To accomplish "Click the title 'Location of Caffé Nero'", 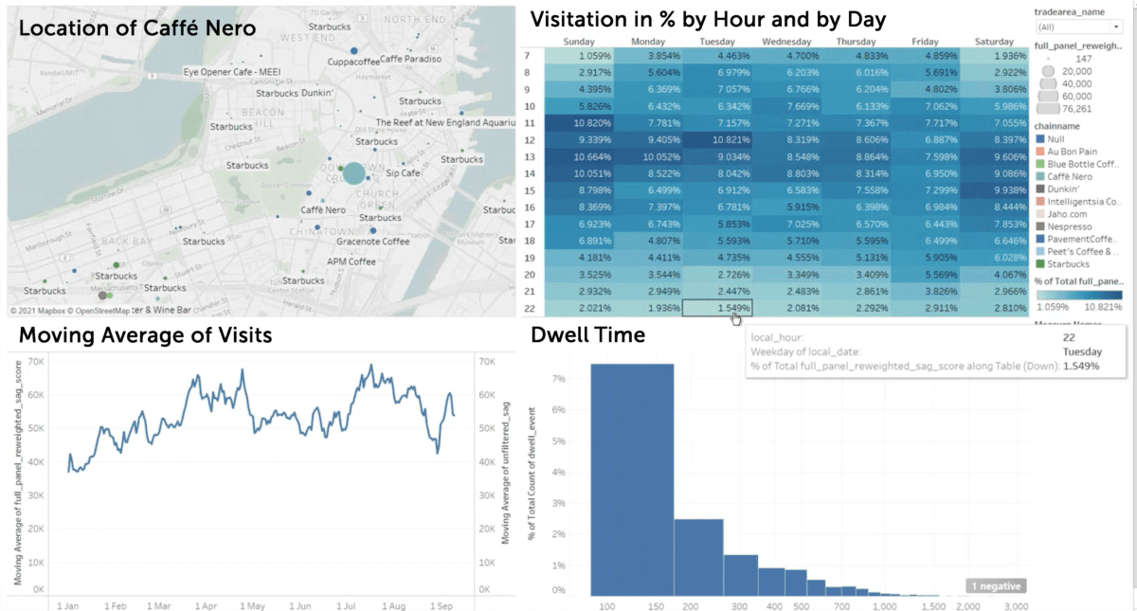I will click(x=137, y=28).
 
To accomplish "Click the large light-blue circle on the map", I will click(x=352, y=173).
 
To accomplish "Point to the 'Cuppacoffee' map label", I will click(x=353, y=62).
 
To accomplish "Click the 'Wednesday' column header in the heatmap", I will click(x=787, y=42).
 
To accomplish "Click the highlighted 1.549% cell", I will click(x=717, y=308).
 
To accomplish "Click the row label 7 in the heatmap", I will click(x=526, y=56).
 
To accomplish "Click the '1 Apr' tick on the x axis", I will click(x=205, y=604).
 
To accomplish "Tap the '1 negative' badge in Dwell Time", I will click(x=995, y=586).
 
